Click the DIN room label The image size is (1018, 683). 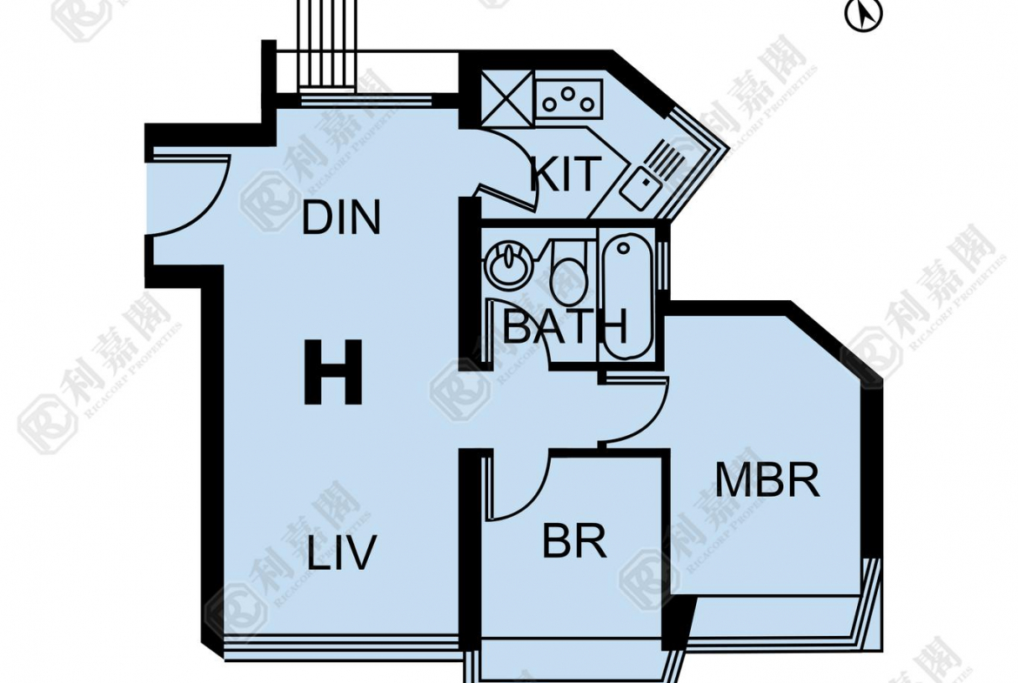pyautogui.click(x=341, y=218)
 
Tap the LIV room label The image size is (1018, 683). pyautogui.click(x=341, y=552)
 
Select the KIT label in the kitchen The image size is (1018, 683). pyautogui.click(x=566, y=174)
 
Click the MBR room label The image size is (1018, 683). pyautogui.click(x=767, y=480)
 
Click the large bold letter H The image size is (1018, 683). pyautogui.click(x=333, y=372)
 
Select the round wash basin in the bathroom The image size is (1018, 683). pyautogui.click(x=505, y=265)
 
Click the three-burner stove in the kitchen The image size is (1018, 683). pyautogui.click(x=570, y=97)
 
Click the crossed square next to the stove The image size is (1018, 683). pyautogui.click(x=506, y=97)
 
